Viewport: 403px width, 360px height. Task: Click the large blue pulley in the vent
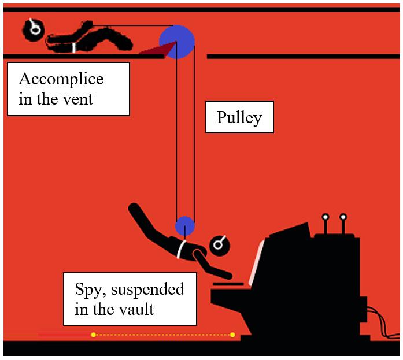(177, 42)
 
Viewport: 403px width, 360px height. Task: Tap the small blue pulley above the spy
(184, 225)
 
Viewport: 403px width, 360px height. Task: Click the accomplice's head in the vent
(33, 28)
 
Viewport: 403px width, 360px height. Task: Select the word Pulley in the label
(239, 118)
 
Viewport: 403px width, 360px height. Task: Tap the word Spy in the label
(87, 289)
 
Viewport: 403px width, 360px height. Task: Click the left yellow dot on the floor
(93, 335)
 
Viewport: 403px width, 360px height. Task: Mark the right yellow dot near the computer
(232, 335)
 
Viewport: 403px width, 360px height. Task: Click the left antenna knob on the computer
(325, 217)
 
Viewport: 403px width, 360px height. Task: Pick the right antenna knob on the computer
(343, 217)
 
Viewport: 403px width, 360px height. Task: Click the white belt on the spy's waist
(182, 248)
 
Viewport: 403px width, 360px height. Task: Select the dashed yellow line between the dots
(162, 335)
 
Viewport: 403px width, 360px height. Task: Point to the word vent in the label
(79, 99)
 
